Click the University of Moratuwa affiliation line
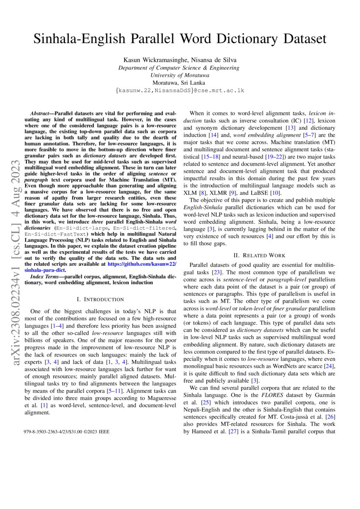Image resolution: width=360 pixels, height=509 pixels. [x=179, y=75]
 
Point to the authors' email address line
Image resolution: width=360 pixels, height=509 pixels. [x=179, y=90]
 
